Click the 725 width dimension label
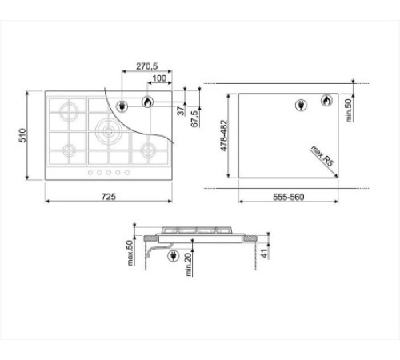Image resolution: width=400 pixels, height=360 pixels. [109, 197]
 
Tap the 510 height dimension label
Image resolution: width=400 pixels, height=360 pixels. [22, 135]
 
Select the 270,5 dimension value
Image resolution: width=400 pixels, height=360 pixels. [146, 66]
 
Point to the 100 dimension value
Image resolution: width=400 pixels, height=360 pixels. [159, 78]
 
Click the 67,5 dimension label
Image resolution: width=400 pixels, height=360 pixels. [194, 118]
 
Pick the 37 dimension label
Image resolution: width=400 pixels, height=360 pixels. [181, 110]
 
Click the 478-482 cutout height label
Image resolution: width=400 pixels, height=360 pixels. [224, 135]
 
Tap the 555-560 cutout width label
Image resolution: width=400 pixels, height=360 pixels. [288, 197]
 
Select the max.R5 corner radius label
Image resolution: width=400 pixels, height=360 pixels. [322, 156]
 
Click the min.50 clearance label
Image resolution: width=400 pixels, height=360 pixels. [349, 110]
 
